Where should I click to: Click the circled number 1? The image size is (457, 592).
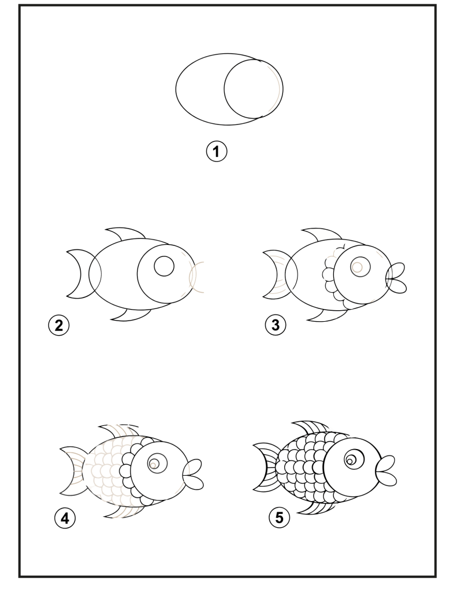(217, 152)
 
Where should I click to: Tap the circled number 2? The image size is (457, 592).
(59, 325)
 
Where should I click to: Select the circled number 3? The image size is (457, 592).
(275, 325)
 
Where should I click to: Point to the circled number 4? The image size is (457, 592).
(65, 518)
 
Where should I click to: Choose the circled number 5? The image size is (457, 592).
(279, 517)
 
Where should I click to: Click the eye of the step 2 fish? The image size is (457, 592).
(164, 266)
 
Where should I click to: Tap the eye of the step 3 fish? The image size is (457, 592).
(360, 267)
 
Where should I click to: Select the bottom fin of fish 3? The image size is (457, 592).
(326, 316)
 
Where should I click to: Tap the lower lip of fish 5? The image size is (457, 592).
(387, 479)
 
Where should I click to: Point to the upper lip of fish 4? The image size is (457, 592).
(194, 468)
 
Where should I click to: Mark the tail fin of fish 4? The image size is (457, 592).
(72, 470)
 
